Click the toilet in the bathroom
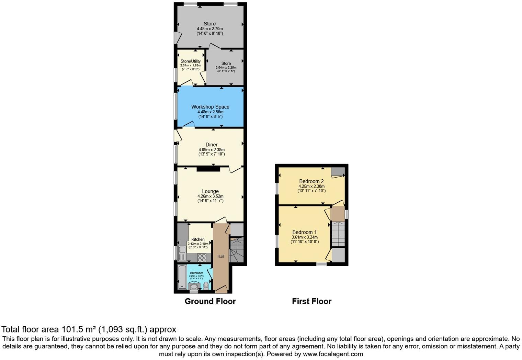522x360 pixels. [206, 285]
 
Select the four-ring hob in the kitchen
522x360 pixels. [202, 257]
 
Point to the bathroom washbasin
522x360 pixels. [194, 286]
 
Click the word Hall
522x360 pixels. [221, 256]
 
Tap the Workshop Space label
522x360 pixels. [210, 107]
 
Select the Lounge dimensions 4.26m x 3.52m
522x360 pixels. [210, 196]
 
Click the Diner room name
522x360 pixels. [212, 145]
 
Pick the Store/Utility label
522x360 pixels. [191, 61]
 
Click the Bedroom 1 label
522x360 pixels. [304, 232]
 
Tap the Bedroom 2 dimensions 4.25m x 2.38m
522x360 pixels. [311, 186]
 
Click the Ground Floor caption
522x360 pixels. [210, 301]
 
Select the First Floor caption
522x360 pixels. [311, 301]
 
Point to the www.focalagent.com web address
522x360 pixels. [333, 354]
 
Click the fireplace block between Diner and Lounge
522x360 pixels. [208, 169]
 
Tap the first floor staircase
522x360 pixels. [338, 234]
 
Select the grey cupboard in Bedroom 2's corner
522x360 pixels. [338, 171]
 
